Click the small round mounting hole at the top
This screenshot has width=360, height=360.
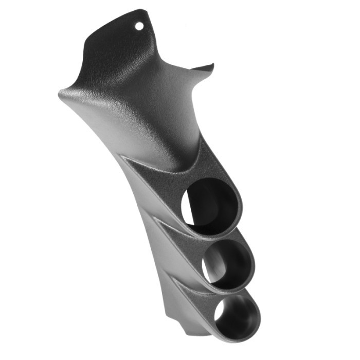[139, 24]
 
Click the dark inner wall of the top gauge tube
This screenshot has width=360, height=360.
[219, 203]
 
